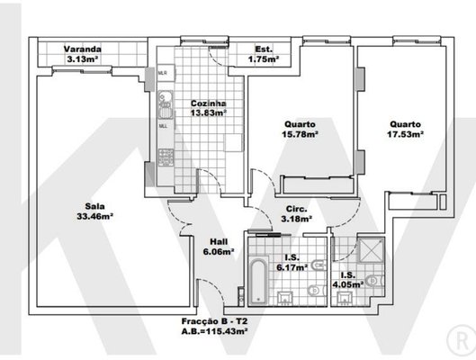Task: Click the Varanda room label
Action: (x=83, y=49)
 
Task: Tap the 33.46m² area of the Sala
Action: (x=95, y=216)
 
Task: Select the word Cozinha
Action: (x=209, y=103)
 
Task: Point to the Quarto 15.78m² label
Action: (x=300, y=129)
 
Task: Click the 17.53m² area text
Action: (x=405, y=134)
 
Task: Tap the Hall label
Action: (x=219, y=242)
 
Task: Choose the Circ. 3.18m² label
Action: (x=297, y=213)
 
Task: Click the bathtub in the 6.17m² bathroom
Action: (x=258, y=281)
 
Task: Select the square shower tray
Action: (x=371, y=250)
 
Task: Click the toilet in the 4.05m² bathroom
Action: (x=375, y=281)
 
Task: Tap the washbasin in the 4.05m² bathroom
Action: (x=344, y=299)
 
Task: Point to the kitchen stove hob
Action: (x=166, y=157)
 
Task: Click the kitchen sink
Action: (x=166, y=105)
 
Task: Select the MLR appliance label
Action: (x=163, y=73)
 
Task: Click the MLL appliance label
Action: (x=163, y=126)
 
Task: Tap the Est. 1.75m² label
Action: (x=264, y=54)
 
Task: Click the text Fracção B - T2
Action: (x=215, y=321)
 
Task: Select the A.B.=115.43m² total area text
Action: (x=215, y=331)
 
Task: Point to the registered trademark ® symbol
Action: (x=462, y=341)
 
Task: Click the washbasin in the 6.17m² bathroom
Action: (x=285, y=299)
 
